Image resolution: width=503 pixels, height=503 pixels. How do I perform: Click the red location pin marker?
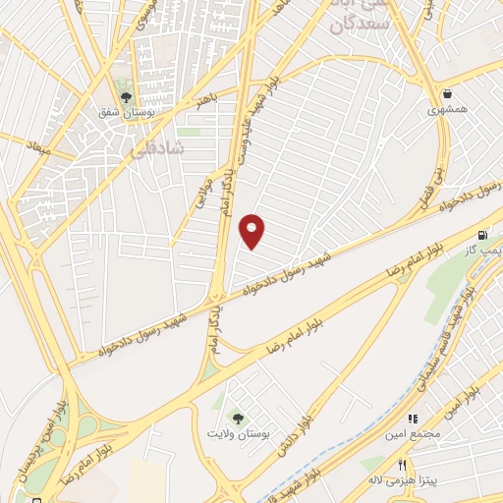pos(252,230)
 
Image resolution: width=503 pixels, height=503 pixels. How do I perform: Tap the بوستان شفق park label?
pos(122,113)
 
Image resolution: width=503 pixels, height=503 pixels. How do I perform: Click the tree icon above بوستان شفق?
pos(126,95)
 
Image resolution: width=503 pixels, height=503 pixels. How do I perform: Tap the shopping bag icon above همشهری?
pos(448,93)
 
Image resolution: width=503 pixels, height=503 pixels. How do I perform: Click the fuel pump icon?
pos(481,236)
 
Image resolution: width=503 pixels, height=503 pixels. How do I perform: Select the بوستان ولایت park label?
pos(234,432)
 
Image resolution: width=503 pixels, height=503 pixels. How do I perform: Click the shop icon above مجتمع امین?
pos(413,418)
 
